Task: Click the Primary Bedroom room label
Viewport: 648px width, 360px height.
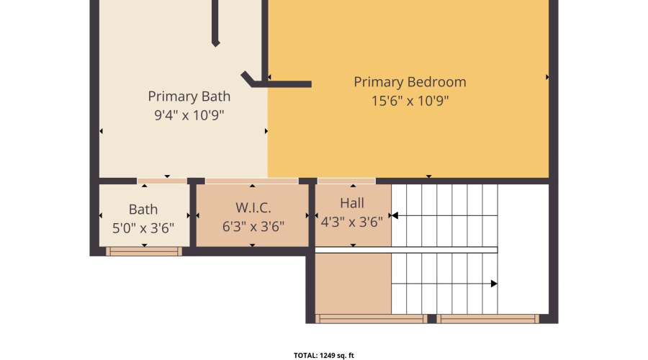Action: click(x=410, y=82)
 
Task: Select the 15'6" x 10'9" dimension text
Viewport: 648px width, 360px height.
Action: click(x=410, y=101)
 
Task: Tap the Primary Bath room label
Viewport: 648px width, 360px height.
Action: click(x=189, y=96)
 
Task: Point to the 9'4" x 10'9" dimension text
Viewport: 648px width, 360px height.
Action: click(x=189, y=115)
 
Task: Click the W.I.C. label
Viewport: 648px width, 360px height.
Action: click(x=253, y=208)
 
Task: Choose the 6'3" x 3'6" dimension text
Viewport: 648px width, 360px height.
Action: click(x=253, y=226)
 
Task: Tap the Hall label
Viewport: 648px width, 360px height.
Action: click(x=352, y=203)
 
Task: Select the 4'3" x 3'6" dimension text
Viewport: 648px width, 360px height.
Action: click(x=351, y=222)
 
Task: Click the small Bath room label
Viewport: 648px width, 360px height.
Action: click(x=143, y=210)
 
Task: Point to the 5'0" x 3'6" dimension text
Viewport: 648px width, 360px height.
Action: click(x=143, y=228)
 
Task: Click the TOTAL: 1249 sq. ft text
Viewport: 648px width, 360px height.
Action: click(x=323, y=355)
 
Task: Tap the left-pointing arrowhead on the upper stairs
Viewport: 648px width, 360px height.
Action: click(x=395, y=215)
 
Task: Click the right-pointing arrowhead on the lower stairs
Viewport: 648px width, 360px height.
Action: click(x=493, y=284)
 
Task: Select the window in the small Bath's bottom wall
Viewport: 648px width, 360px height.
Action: click(x=144, y=251)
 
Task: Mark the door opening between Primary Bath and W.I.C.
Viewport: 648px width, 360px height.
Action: click(x=251, y=181)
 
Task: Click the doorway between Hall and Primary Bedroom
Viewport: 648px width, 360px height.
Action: click(x=346, y=181)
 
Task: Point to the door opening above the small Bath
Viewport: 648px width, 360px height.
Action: click(x=162, y=181)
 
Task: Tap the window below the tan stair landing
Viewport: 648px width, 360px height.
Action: click(x=371, y=318)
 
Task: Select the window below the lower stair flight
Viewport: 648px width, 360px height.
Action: click(x=487, y=318)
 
